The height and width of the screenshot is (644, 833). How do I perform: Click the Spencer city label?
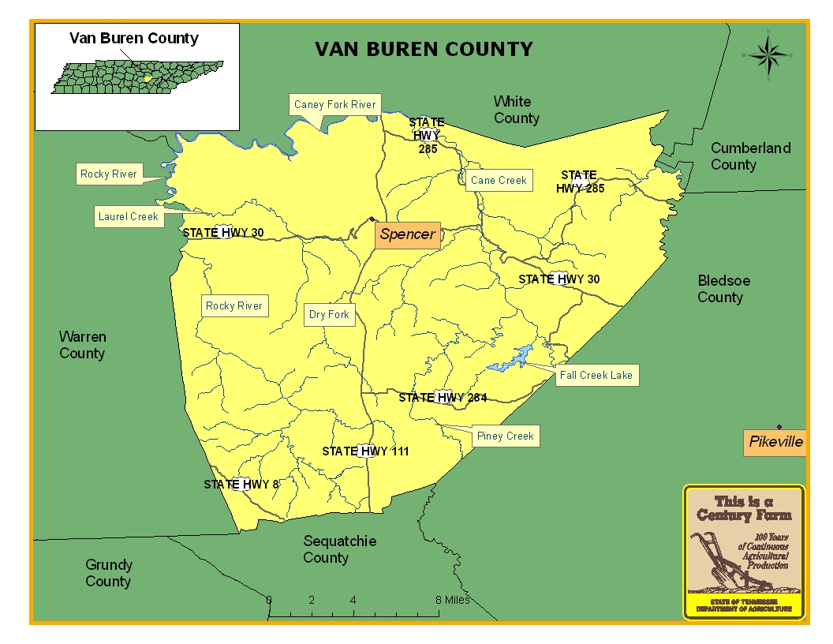407,234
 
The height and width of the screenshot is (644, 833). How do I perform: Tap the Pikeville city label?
775,442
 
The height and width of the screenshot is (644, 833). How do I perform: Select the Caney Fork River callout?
334,105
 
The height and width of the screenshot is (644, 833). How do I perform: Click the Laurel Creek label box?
129,217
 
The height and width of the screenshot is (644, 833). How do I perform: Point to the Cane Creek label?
499,181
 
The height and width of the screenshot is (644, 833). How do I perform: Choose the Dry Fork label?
329,315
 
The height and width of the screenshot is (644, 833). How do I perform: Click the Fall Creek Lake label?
596,376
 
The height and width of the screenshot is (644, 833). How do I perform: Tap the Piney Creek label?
505,436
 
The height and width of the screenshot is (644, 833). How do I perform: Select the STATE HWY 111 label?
365,451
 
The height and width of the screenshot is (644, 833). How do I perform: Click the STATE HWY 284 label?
443,398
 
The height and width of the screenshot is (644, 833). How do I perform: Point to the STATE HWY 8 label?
241,485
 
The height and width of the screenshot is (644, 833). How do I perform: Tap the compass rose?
768,55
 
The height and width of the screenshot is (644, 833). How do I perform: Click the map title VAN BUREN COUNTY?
424,50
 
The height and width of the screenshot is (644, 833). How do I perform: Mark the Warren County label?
82,345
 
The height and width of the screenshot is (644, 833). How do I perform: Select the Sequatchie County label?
339,549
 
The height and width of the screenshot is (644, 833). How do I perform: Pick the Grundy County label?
108,573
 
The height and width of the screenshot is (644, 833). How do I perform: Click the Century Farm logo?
743,552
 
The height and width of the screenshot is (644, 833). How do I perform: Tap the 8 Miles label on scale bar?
453,600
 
